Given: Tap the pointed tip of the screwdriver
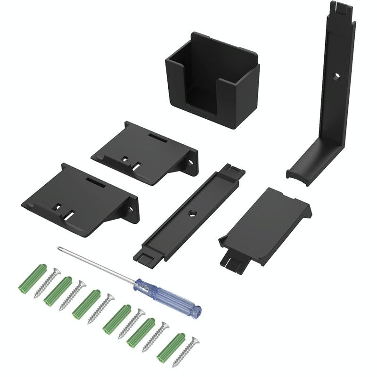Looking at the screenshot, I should [x=58, y=248].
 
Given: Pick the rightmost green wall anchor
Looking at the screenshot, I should [x=171, y=346].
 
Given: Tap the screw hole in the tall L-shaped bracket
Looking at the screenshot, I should [x=336, y=76].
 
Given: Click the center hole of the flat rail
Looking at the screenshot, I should [x=192, y=213].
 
